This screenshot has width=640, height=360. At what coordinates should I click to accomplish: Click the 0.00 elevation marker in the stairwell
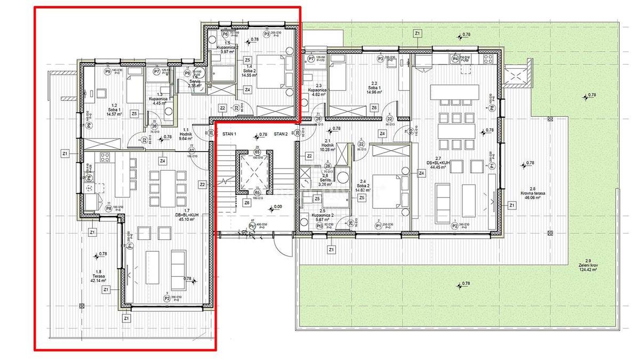[x=277, y=206]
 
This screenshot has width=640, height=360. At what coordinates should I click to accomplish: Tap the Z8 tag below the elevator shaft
[x=246, y=203]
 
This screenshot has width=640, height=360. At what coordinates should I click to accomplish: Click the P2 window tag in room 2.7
[x=454, y=225]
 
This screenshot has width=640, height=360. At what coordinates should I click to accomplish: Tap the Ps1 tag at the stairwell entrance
[x=252, y=226]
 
